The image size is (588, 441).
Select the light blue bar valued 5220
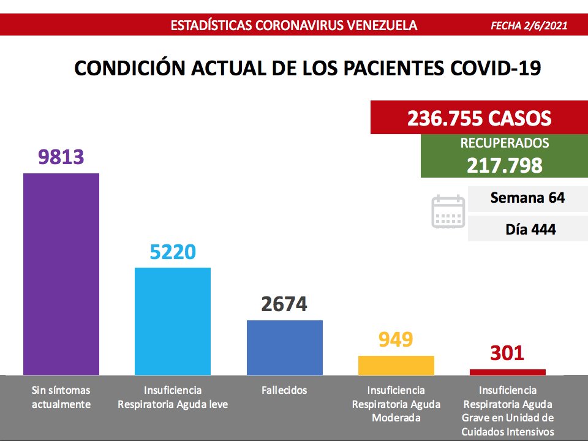point(173,321)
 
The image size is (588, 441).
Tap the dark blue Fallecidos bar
point(284,347)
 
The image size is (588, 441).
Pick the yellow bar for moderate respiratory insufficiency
point(396,365)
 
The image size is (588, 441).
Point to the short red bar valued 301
point(507,372)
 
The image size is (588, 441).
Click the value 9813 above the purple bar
point(61,158)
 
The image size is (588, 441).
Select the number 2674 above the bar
point(284,304)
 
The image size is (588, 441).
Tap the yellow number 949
point(396,339)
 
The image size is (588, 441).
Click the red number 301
point(507,353)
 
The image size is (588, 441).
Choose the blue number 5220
point(173,252)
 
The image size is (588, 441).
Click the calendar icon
point(448,212)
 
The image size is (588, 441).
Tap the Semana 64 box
point(527,198)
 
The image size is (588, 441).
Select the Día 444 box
point(527,230)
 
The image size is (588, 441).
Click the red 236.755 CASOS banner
point(479,118)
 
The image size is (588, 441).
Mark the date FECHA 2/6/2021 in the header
point(529,26)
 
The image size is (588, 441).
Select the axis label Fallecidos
point(284,390)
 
